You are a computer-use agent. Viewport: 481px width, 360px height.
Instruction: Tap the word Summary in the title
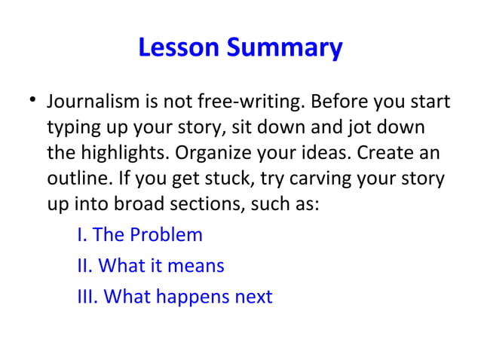286,50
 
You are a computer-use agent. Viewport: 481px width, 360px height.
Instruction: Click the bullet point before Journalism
28,101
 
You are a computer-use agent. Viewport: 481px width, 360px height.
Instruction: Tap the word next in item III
253,297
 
